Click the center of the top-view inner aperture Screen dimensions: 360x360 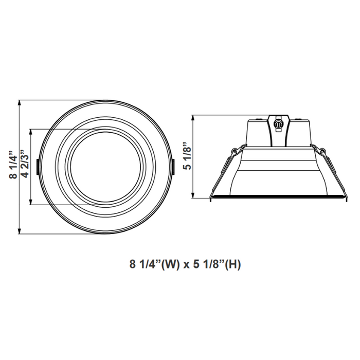pos(105,167)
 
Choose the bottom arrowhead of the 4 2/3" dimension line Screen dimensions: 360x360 pos(32,203)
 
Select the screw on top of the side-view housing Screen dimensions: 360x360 pos(278,123)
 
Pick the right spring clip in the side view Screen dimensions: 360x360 pos(321,151)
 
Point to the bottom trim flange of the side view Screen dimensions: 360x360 pos(278,196)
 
